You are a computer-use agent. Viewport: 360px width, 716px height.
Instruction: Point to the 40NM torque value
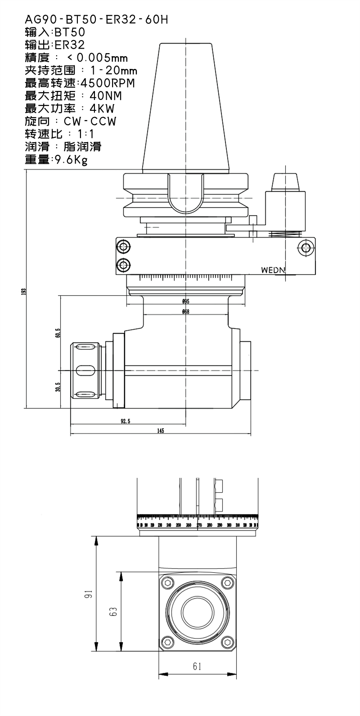point(106,96)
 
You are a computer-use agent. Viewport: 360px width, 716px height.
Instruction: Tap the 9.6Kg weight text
point(70,159)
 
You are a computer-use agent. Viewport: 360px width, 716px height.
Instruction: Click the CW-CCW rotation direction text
point(90,122)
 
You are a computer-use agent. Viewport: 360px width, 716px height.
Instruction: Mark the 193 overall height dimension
point(23,291)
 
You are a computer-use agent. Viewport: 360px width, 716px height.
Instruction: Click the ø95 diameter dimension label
point(185,301)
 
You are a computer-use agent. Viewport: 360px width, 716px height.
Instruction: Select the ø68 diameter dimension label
point(185,312)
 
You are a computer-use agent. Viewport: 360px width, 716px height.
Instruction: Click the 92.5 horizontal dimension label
point(126,421)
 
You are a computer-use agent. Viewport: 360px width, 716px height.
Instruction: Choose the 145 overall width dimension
point(161,431)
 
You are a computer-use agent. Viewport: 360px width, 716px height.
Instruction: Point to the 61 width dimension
point(197,666)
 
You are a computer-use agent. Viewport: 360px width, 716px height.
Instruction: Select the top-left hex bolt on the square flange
point(168,583)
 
